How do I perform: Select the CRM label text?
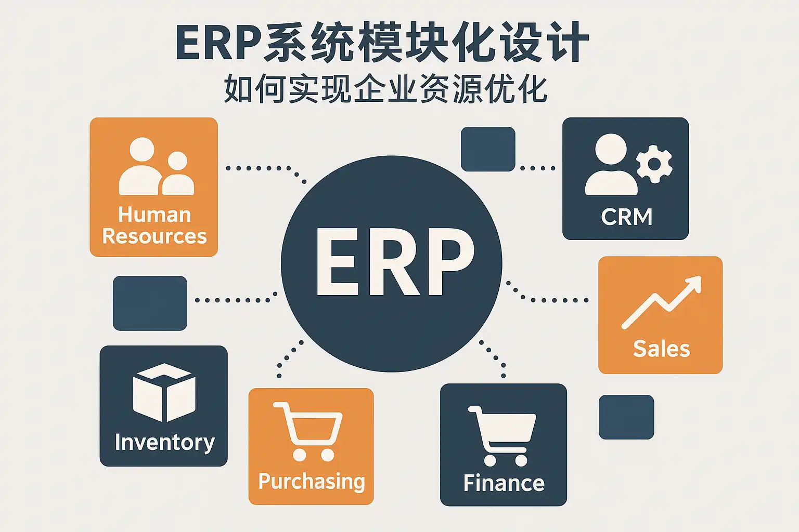[x=626, y=217]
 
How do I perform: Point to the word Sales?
[x=661, y=349]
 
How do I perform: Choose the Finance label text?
[x=504, y=483]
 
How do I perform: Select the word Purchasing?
[x=311, y=482]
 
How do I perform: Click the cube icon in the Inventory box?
[x=164, y=392]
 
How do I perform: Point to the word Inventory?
[x=164, y=442]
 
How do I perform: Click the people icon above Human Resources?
[x=156, y=166]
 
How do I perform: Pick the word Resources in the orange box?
[x=154, y=236]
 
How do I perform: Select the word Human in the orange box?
[x=154, y=215]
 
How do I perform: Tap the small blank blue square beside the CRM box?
[x=488, y=149]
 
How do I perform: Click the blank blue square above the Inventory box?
[x=150, y=303]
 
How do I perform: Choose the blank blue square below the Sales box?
[x=626, y=417]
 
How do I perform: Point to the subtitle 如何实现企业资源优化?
[x=385, y=89]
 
